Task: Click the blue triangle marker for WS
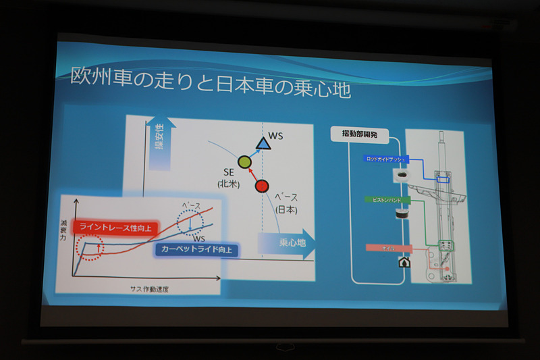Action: coord(262,143)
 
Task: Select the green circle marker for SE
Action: coord(244,162)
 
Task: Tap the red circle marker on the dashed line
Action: coord(262,186)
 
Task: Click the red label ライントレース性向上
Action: coord(115,228)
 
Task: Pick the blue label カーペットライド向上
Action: coord(197,249)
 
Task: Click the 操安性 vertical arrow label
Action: coord(161,141)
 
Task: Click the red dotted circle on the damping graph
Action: coord(90,247)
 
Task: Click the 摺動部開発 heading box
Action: coord(356,134)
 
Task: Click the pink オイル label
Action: coord(388,248)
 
